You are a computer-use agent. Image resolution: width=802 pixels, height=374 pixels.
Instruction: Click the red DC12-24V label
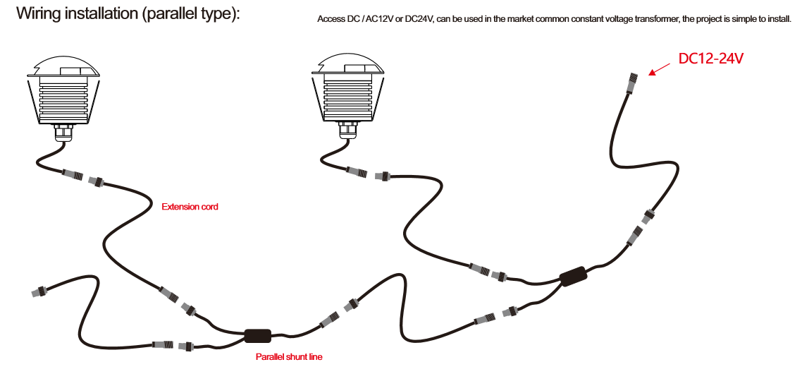click(710, 59)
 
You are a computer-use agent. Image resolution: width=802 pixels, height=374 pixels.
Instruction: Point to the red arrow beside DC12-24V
click(660, 68)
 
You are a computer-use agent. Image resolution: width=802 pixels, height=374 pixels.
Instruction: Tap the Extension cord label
click(190, 207)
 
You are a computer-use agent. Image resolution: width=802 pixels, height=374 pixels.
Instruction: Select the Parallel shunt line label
click(289, 356)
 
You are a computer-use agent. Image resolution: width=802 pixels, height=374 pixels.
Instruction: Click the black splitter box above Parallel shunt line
click(258, 336)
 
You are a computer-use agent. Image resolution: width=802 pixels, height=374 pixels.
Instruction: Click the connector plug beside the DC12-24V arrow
click(631, 81)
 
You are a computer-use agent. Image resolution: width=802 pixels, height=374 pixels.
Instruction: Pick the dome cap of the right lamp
click(348, 64)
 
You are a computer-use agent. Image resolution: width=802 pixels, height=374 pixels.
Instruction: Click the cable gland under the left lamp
click(63, 134)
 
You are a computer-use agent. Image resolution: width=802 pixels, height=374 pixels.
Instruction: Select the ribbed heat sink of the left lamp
click(63, 100)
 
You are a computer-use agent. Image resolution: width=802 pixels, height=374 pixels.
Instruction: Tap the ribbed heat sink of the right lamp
click(348, 97)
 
